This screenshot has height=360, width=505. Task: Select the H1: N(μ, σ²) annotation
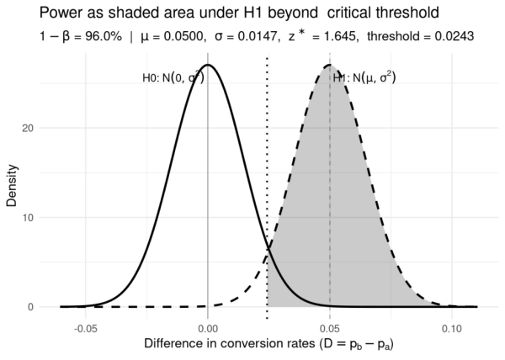[x=364, y=78]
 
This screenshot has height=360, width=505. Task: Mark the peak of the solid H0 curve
[x=208, y=65]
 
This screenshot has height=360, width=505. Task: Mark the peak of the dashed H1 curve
[x=330, y=65]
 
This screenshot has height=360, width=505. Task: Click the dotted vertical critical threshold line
[x=268, y=168]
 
